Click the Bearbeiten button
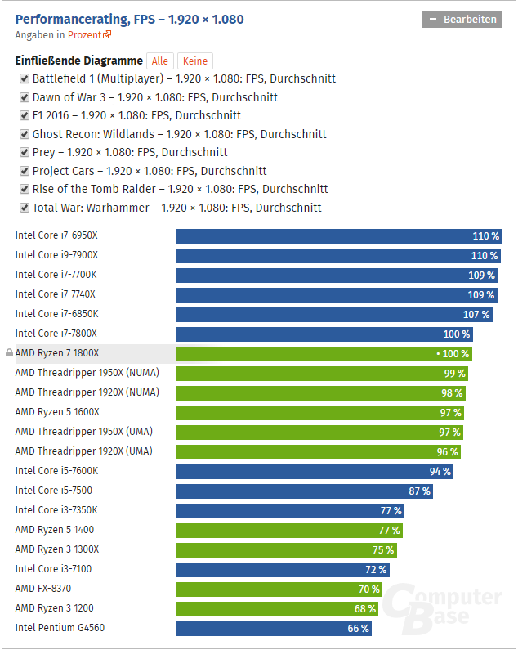click(462, 20)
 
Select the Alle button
click(160, 61)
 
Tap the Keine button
click(195, 61)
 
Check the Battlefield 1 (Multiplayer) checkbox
click(25, 79)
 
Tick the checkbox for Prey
click(25, 153)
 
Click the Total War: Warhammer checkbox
click(25, 208)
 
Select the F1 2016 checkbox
click(25, 116)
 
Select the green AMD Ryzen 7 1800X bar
click(324, 354)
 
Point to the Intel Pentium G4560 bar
click(274, 629)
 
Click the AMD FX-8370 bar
click(279, 589)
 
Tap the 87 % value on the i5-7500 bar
click(419, 491)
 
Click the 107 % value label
click(476, 315)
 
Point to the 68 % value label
click(365, 609)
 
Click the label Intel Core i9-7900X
click(56, 256)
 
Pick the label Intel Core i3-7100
click(53, 570)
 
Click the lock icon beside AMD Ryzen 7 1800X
click(9, 354)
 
